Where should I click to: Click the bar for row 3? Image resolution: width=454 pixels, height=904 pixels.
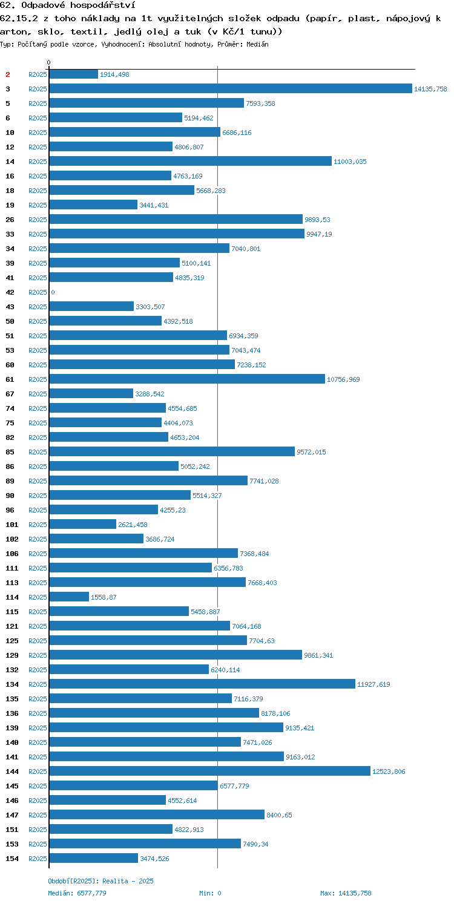click(231, 89)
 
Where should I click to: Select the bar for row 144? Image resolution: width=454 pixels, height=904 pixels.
click(209, 771)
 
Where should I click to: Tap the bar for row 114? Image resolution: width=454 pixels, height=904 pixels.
click(69, 597)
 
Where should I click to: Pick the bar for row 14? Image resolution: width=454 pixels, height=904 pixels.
click(190, 162)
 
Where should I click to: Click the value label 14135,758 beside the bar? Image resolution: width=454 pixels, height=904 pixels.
click(430, 89)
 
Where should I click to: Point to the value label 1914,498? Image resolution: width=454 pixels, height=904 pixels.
click(115, 74)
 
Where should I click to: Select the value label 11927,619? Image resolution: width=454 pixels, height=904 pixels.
click(373, 684)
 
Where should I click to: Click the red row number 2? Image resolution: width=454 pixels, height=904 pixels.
click(8, 74)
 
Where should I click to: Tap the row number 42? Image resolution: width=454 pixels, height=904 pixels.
click(10, 293)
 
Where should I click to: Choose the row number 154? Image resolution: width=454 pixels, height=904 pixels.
click(12, 859)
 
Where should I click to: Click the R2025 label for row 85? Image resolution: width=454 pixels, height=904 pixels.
click(38, 453)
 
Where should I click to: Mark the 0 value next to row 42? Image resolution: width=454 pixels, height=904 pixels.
click(53, 293)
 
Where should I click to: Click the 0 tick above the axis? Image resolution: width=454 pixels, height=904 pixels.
click(49, 62)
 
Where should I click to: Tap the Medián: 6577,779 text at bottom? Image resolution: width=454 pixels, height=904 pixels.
click(77, 893)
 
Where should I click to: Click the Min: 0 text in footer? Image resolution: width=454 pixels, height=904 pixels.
click(210, 893)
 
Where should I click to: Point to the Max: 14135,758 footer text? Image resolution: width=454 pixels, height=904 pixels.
click(346, 893)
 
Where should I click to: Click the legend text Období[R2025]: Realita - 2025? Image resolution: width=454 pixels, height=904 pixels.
click(100, 881)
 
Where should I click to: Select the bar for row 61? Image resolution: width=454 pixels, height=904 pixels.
click(187, 379)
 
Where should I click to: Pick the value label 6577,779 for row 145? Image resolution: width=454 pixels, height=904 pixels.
click(234, 786)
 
